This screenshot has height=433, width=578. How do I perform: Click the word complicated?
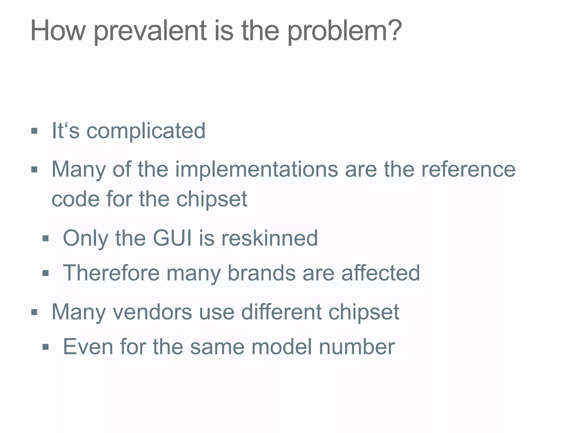pos(146,131)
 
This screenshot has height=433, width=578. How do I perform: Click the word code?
pos(76,199)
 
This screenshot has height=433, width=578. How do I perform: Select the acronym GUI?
pos(172,238)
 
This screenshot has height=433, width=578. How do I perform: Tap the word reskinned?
pos(270,238)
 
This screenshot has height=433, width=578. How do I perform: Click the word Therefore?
pos(111,273)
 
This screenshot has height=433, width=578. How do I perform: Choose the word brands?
pos(261,273)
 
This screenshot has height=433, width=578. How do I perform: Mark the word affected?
pos(380,273)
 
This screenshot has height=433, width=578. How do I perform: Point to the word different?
pos(281,312)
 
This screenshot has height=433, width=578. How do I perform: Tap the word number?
pos(357,347)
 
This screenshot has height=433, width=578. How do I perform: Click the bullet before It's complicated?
pos(34,131)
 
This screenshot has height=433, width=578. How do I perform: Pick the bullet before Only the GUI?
pos(45,239)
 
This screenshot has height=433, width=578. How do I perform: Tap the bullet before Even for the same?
pos(45,347)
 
